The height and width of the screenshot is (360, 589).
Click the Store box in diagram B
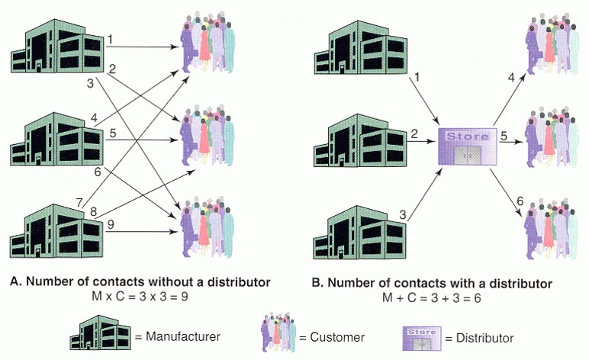point(468,146)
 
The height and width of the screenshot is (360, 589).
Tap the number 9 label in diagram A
point(111,224)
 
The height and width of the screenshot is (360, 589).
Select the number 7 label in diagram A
point(79,203)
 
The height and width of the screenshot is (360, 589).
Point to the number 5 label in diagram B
point(504,136)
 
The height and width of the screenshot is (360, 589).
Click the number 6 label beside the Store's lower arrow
point(520,201)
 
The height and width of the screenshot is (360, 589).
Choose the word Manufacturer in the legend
point(183,336)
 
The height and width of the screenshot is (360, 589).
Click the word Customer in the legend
point(337,337)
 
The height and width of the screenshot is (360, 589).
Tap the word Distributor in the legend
point(484,338)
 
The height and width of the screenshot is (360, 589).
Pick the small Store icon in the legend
point(422,338)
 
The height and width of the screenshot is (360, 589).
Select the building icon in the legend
point(100,333)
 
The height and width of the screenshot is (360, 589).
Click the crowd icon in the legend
point(278,332)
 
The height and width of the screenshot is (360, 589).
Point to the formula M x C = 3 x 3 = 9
point(140,297)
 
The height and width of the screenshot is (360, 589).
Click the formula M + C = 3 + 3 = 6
point(432,298)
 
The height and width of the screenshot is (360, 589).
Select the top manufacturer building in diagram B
point(360,47)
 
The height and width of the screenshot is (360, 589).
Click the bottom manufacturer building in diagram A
point(56,231)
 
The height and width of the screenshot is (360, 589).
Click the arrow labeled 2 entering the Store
point(423,142)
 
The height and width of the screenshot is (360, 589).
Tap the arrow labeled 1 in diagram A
point(142,47)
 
